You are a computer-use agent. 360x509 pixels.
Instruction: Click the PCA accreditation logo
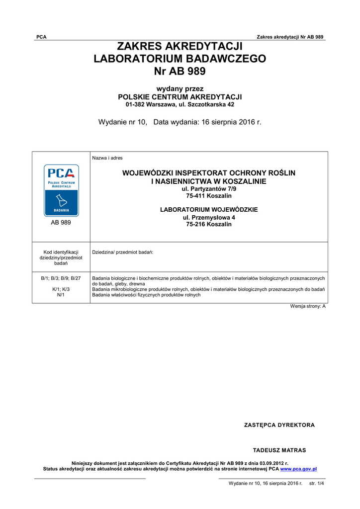pyautogui.click(x=61, y=190)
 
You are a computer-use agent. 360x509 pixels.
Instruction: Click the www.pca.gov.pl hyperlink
pyautogui.click(x=299, y=469)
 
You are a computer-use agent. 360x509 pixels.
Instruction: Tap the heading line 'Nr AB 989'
pyautogui.click(x=180, y=71)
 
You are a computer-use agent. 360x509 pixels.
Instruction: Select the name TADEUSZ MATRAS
pyautogui.click(x=279, y=450)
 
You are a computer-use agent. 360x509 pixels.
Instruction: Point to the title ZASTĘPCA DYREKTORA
pyautogui.click(x=279, y=425)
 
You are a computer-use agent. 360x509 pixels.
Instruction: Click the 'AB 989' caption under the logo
pyautogui.click(x=61, y=223)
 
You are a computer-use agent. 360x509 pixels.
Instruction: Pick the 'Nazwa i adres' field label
pyautogui.click(x=107, y=158)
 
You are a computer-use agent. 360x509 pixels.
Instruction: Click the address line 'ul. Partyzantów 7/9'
pyautogui.click(x=209, y=189)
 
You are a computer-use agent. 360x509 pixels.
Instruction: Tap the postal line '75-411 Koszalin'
pyautogui.click(x=209, y=196)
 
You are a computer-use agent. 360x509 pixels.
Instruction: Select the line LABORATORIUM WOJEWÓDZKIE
pyautogui.click(x=209, y=210)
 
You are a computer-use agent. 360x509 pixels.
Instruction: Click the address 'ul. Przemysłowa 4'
pyautogui.click(x=209, y=218)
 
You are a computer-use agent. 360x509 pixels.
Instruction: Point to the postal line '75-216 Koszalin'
pyautogui.click(x=209, y=224)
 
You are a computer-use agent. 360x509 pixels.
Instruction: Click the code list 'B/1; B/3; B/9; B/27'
pyautogui.click(x=61, y=278)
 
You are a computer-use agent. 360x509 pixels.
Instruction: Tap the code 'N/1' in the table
pyautogui.click(x=61, y=295)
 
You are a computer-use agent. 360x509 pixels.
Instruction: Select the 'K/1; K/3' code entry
pyautogui.click(x=61, y=289)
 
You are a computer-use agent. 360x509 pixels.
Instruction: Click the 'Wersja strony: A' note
pyautogui.click(x=308, y=306)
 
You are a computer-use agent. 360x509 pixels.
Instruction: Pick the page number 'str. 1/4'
pyautogui.click(x=317, y=483)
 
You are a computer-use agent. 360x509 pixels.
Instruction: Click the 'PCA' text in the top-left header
pyautogui.click(x=41, y=37)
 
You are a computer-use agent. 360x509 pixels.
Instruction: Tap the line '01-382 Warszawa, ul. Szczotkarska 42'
pyautogui.click(x=180, y=105)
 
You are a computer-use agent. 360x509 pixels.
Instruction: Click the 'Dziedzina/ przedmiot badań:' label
pyautogui.click(x=123, y=253)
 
